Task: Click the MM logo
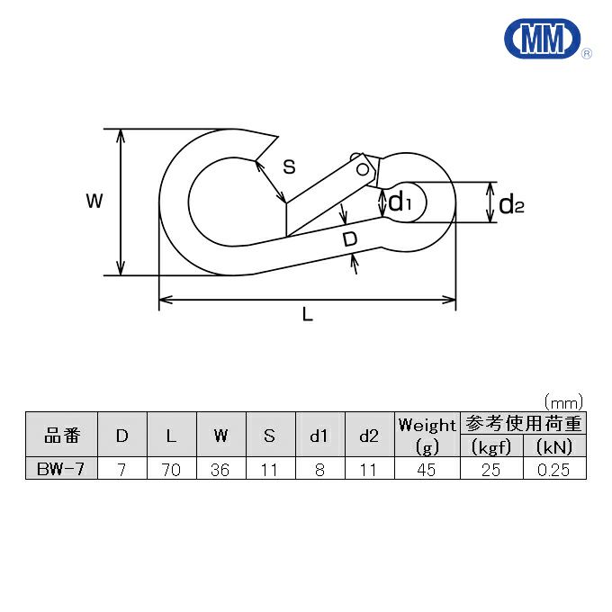[x=543, y=39]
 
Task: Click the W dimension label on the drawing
[x=94, y=201]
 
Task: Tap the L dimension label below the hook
[x=308, y=314]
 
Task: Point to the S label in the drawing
[x=289, y=166]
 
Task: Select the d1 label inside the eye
[x=400, y=202]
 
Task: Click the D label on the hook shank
[x=350, y=238]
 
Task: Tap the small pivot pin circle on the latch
[x=363, y=169]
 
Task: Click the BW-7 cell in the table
[x=61, y=468]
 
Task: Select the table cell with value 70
[x=172, y=468]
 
